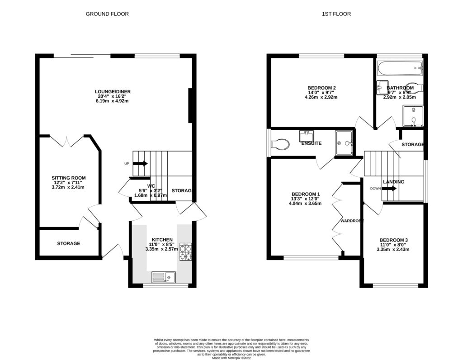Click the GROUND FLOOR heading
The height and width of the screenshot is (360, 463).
(107, 14)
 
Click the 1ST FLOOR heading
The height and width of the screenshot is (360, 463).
(336, 14)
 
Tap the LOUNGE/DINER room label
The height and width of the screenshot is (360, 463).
(113, 92)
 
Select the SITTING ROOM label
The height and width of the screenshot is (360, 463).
(68, 178)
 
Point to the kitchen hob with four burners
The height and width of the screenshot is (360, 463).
(186, 252)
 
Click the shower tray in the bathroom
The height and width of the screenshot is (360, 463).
(411, 115)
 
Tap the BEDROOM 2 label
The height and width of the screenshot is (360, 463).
(321, 88)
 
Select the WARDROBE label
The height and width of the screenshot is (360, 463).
(352, 221)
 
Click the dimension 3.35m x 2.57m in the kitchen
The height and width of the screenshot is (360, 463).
(162, 249)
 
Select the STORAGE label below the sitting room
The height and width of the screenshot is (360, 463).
(68, 243)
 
